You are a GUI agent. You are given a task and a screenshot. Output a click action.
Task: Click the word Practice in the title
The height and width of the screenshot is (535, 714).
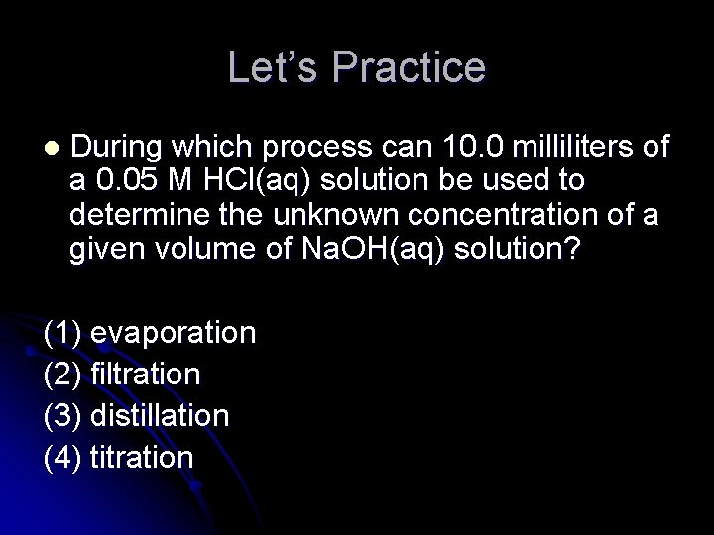pyautogui.click(x=410, y=67)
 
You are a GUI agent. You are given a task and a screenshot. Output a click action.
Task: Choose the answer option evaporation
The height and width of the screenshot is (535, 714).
pyautogui.click(x=173, y=332)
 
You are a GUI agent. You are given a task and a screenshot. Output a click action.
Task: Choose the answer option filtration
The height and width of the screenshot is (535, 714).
pyautogui.click(x=145, y=374)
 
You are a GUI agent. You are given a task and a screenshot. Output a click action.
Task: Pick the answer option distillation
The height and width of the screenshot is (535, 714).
pyautogui.click(x=159, y=415)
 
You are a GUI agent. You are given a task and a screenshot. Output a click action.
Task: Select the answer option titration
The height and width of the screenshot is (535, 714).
pyautogui.click(x=141, y=457)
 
